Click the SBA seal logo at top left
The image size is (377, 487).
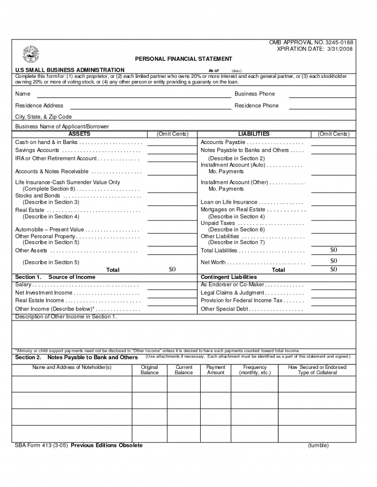coord(30,55)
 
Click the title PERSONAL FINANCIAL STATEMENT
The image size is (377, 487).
coord(183,59)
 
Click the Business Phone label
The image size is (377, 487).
coord(255,94)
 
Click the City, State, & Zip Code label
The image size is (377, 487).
coord(43,117)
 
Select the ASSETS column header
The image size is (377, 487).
coord(79,134)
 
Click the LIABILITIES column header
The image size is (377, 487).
coord(254,134)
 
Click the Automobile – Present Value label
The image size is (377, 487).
coord(50,229)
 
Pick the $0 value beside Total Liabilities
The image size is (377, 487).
coord(333,250)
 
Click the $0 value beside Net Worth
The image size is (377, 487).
coord(333,261)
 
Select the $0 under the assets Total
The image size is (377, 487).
coord(172,269)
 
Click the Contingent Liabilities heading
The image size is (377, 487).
coord(229,277)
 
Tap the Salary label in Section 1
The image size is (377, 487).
coord(24,285)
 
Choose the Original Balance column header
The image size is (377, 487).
coord(149,370)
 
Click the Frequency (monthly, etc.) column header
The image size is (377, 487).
coord(255,370)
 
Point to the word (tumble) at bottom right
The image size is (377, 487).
coord(318,445)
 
